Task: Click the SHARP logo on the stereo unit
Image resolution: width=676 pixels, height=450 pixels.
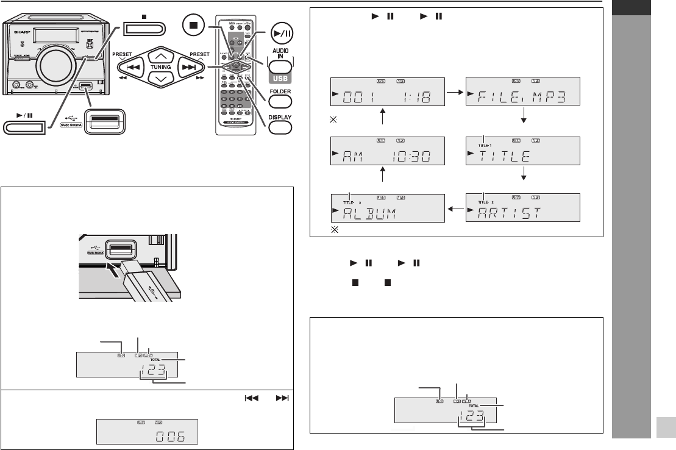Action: coord(14,27)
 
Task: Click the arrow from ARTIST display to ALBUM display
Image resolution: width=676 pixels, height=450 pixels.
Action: coord(455,209)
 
